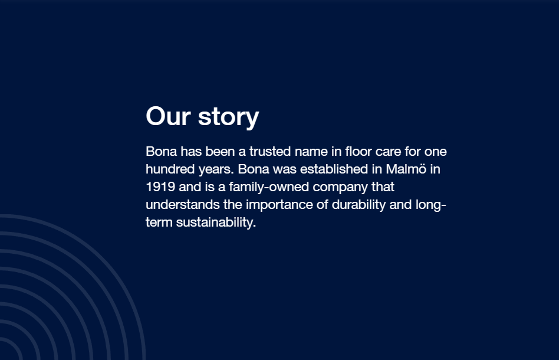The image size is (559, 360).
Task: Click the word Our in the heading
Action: coord(168,116)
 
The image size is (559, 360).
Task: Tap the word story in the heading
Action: coord(229,117)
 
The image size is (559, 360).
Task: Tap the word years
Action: coord(216,170)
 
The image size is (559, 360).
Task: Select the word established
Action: coord(334,169)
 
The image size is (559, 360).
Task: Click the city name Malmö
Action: coord(406,169)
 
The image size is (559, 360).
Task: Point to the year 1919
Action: coord(160,186)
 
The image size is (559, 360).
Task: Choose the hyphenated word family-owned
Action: coord(269,187)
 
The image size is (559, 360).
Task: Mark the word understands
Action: coord(183,204)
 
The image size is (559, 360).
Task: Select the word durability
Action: coord(359,205)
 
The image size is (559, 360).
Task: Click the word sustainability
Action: coord(216,222)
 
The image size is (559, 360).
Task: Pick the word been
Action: coord(220,151)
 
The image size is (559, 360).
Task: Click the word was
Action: coord(285,170)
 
